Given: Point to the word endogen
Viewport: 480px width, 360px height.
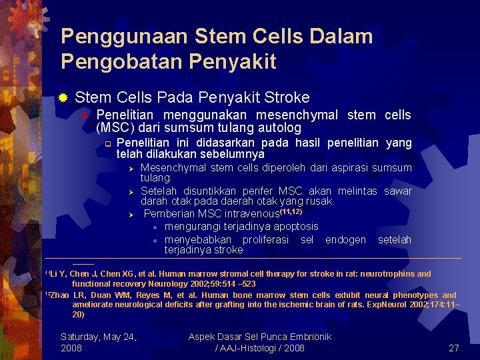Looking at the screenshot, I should click(345, 239).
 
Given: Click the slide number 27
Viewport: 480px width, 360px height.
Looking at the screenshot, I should click(454, 348).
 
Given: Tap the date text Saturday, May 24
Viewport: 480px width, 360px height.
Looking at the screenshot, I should click(99, 337).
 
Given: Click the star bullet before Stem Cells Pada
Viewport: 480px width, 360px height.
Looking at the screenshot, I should click(63, 98).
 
